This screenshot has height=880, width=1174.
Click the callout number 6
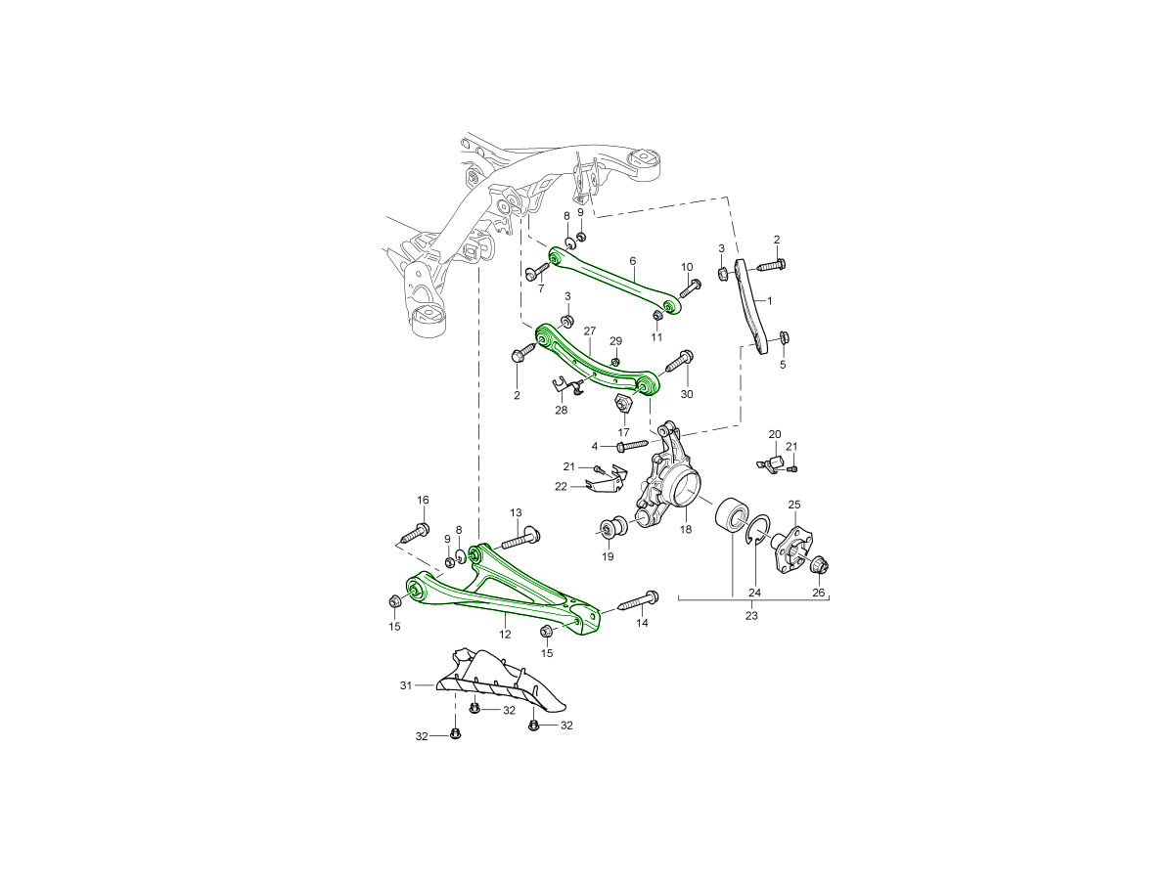tap(633, 261)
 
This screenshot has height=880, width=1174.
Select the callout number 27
tap(589, 331)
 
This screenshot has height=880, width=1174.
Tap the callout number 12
tap(505, 635)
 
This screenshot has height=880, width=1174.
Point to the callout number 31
tap(406, 685)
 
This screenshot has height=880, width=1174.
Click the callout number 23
tap(751, 616)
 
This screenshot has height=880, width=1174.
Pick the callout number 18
tap(686, 529)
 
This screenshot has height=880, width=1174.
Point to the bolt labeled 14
tap(639, 601)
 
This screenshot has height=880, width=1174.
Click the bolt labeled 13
tap(520, 539)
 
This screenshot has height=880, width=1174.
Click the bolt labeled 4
tap(633, 445)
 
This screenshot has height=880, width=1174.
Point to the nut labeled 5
tap(786, 337)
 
